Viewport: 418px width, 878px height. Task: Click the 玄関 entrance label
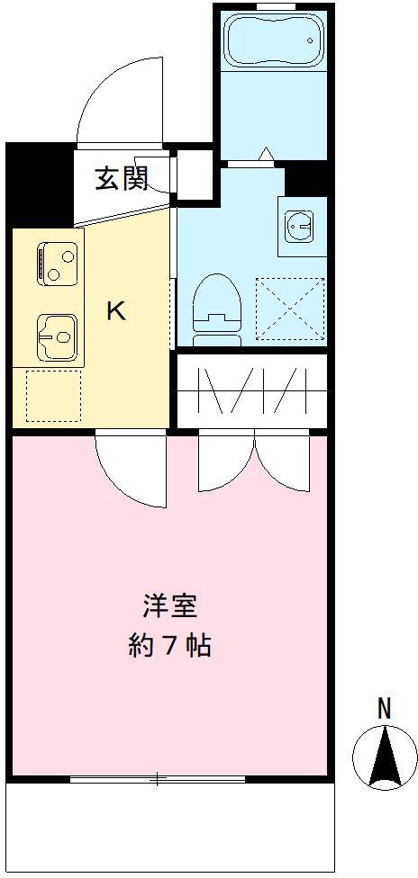pos(121,179)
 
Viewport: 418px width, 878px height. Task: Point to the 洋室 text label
pos(169,606)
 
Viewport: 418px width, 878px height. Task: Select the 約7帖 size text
pos(169,646)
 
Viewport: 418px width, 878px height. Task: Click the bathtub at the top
pos(271,41)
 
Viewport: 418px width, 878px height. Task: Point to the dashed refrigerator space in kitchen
pos(53,396)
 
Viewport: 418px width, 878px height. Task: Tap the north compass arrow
pos(386,757)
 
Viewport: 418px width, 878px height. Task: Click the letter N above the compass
pos(385,709)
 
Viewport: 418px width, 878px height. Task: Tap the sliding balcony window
pos(158,779)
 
